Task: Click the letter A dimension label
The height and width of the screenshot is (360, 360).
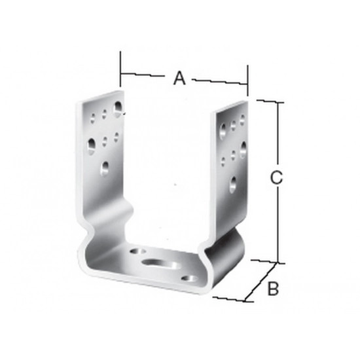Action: click(179, 78)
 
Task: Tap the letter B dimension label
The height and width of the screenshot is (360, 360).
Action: click(273, 288)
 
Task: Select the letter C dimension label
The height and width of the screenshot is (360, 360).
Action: click(276, 177)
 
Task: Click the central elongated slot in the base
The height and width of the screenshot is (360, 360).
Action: click(160, 263)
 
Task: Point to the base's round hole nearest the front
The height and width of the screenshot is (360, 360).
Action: click(189, 279)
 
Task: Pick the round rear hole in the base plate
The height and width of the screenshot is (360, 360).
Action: click(138, 251)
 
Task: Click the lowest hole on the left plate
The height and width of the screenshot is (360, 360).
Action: click(105, 169)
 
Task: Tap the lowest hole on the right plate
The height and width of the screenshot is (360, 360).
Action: click(233, 185)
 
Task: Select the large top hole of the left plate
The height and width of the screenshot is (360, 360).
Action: click(118, 109)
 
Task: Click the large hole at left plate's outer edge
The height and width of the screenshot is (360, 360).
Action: click(92, 146)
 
